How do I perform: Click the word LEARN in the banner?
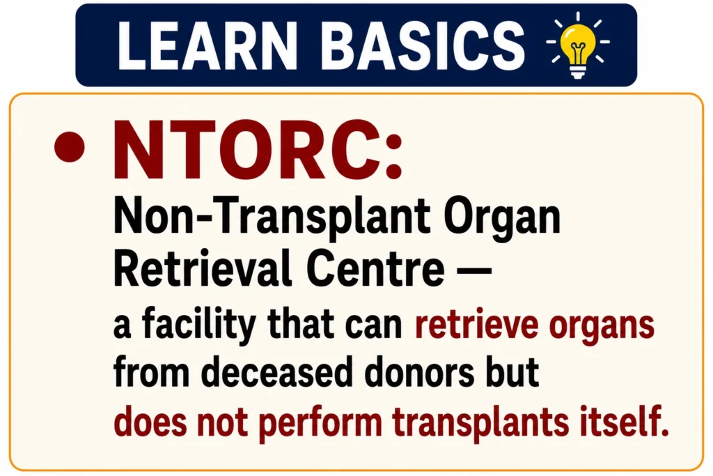[x=207, y=45]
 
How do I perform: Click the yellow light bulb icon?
[x=577, y=46]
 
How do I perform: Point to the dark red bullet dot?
[x=70, y=146]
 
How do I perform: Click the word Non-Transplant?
[x=272, y=217]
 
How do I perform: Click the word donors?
[x=420, y=372]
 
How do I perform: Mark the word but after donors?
[x=512, y=372]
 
